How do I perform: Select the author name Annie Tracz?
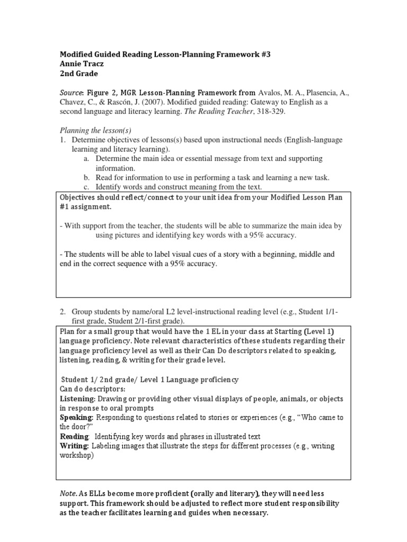point(78,65)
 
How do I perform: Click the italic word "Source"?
point(70,93)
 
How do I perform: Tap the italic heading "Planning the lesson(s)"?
point(95,131)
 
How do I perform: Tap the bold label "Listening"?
point(77,399)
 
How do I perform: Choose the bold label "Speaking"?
point(76,418)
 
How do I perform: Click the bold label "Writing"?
point(74,446)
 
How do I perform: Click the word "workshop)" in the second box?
point(76,456)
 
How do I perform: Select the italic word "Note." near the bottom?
point(68,493)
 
